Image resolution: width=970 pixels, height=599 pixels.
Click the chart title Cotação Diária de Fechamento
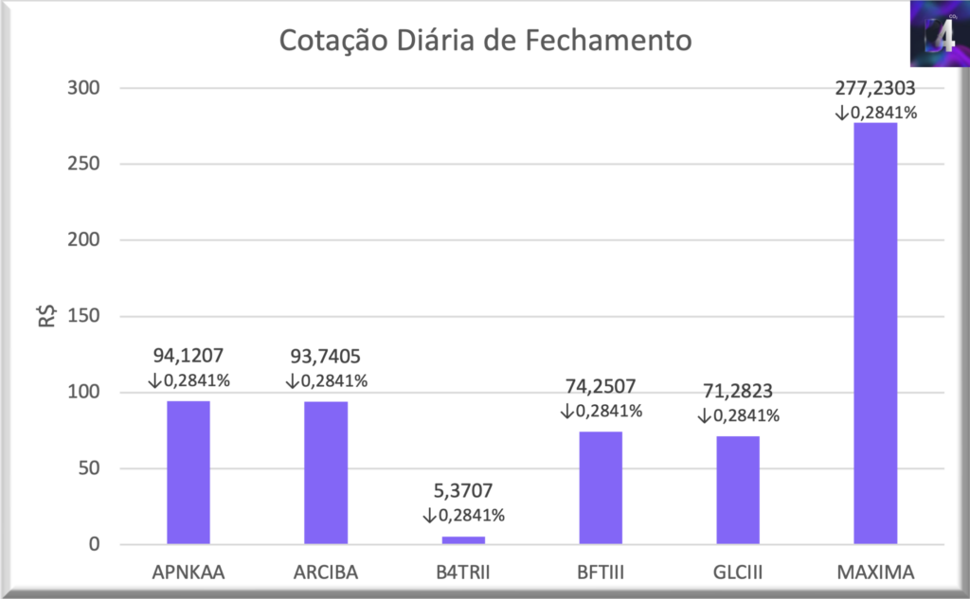484,43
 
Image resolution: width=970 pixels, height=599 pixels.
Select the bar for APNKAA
189,472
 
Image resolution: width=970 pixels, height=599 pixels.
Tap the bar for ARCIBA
326,472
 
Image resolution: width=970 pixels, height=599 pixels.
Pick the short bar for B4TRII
463,540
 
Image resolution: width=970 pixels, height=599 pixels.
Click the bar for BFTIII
601,487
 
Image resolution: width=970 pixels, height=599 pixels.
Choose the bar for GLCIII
738,490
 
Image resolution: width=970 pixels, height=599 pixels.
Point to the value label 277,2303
875,89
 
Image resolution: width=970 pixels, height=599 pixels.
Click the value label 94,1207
189,357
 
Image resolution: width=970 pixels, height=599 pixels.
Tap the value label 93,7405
326,357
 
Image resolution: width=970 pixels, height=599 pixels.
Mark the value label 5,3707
463,491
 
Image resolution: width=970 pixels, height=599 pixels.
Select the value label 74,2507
601,386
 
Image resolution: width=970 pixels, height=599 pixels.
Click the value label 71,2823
738,391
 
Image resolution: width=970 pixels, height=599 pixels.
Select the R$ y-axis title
45,316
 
